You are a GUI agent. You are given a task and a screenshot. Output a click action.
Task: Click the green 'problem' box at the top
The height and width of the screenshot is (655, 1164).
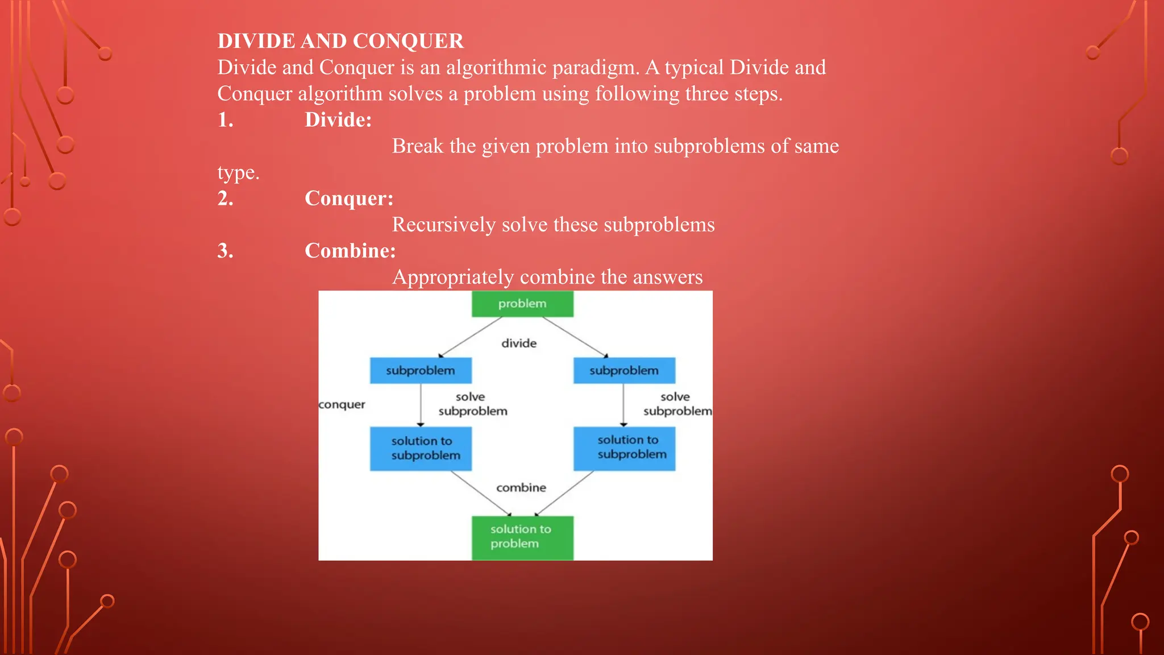(522, 304)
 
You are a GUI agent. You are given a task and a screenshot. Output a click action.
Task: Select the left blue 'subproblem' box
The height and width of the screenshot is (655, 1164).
(421, 371)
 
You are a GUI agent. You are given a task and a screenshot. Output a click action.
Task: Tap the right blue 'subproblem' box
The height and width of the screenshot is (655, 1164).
(624, 371)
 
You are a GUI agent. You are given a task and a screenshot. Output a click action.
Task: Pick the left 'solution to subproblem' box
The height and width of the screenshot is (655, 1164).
(421, 449)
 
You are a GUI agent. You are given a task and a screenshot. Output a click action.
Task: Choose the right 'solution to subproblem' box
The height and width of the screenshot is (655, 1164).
(624, 448)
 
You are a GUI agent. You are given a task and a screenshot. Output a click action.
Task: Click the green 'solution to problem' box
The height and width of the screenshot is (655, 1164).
(522, 537)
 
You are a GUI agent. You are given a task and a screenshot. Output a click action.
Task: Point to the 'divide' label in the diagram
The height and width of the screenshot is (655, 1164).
(519, 343)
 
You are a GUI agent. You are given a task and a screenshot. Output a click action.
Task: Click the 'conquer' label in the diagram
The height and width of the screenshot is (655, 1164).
(342, 404)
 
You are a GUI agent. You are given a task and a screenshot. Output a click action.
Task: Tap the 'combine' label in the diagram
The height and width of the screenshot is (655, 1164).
(521, 488)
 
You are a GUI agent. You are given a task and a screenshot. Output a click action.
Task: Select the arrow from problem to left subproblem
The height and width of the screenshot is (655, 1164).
(471, 337)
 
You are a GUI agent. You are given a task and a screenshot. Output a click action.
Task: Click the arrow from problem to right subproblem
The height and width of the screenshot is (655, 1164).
(575, 337)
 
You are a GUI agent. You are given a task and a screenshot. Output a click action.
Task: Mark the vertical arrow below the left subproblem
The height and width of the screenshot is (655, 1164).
(421, 405)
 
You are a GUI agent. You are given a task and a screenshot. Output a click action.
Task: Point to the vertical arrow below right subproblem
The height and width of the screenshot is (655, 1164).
(623, 405)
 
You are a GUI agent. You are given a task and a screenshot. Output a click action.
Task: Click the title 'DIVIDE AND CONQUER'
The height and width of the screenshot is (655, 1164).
(340, 41)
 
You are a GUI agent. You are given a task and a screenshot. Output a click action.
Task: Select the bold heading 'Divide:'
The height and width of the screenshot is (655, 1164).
(338, 120)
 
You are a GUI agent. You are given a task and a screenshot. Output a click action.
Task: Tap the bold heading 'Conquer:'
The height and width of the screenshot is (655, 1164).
(349, 198)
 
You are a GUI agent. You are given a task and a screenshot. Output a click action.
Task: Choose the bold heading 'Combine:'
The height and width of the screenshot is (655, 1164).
(350, 251)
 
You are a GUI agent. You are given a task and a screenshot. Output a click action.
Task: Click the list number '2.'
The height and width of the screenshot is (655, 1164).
(226, 198)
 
